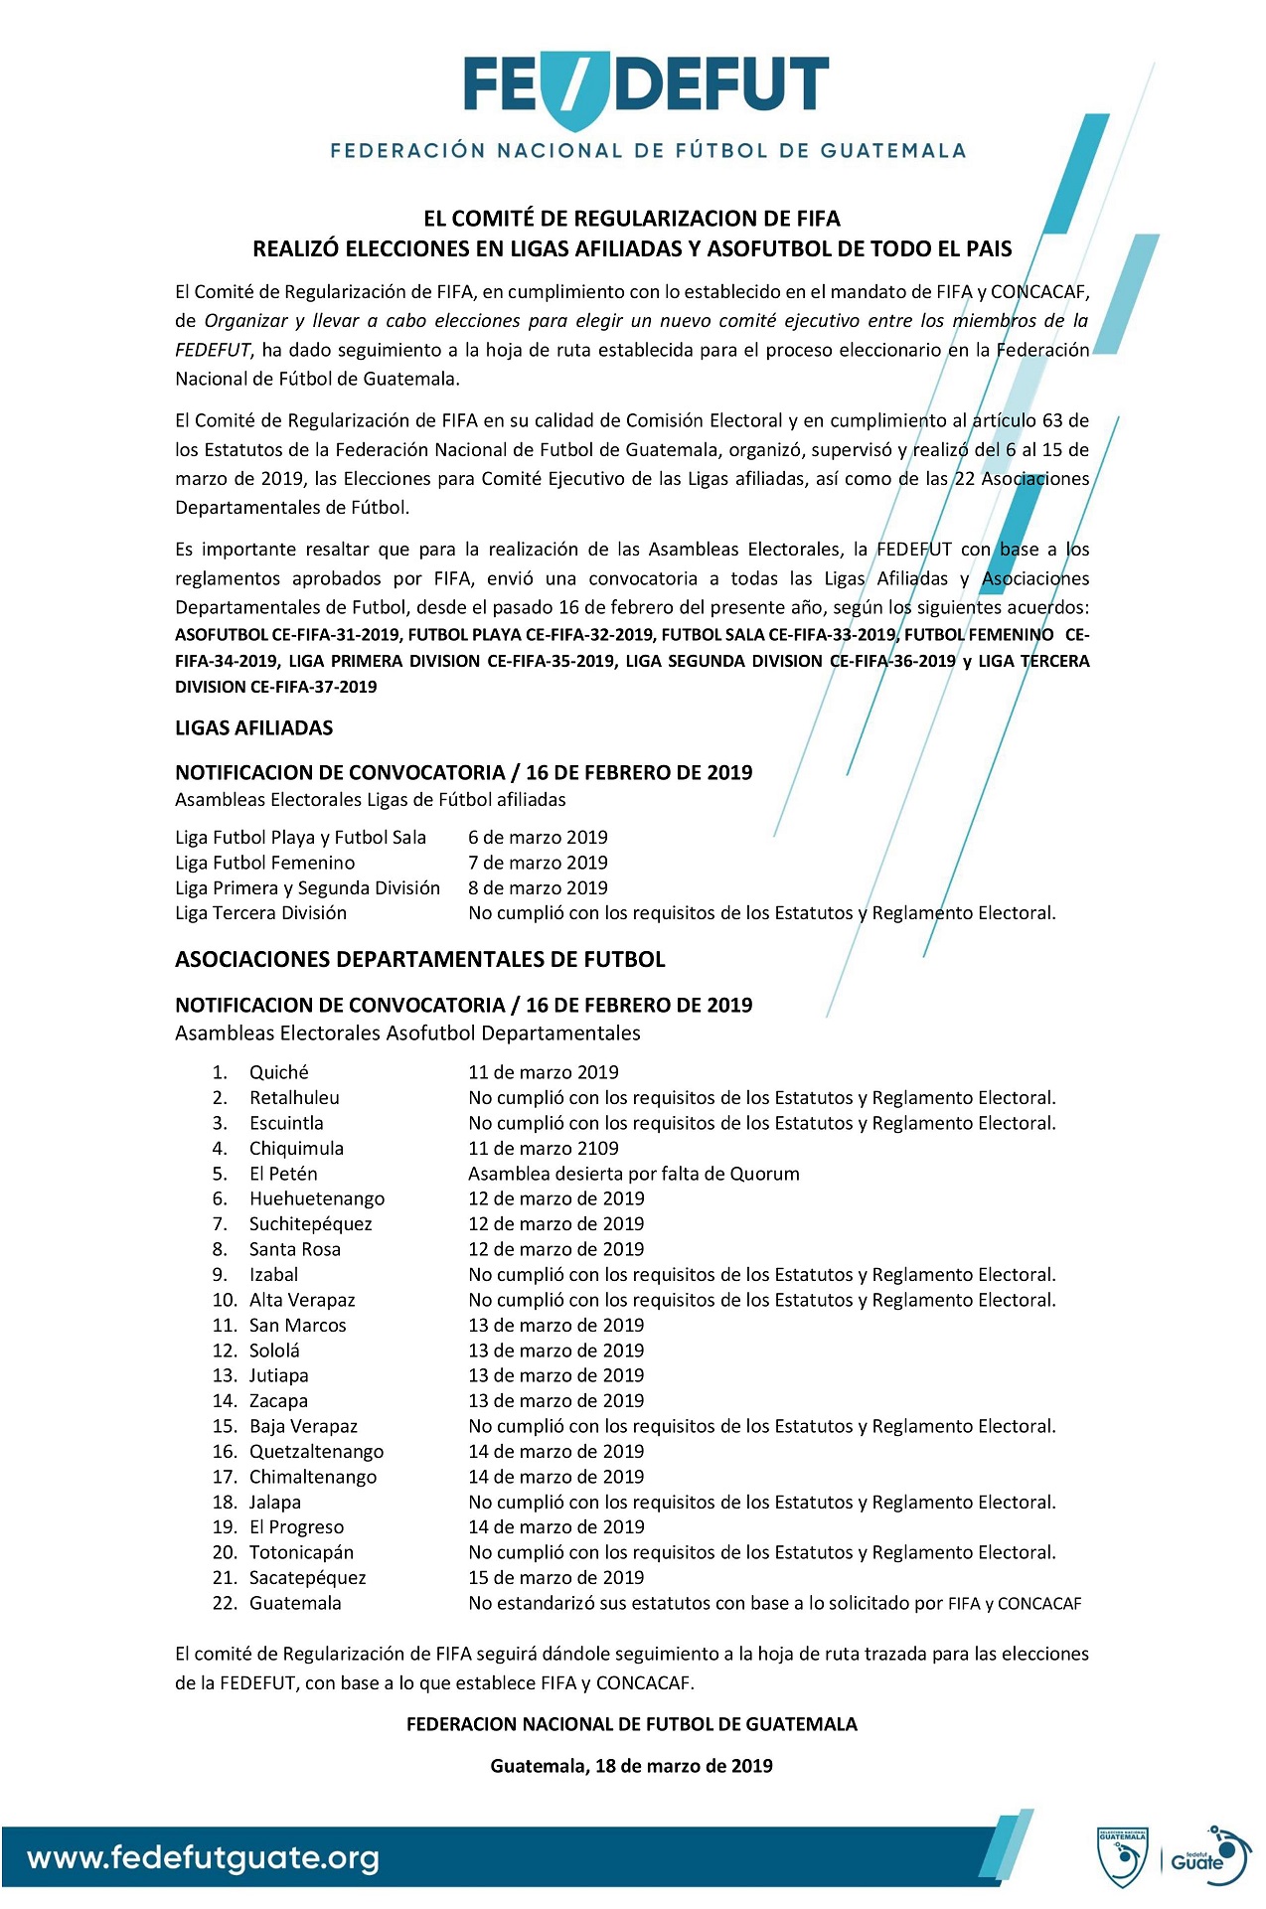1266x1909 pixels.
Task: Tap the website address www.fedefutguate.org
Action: click(203, 1857)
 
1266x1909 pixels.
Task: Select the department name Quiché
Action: click(279, 1072)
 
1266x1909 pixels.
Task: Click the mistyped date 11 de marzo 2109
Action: click(544, 1148)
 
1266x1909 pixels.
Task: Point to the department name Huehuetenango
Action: click(317, 1198)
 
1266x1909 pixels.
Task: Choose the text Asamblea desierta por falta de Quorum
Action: click(634, 1174)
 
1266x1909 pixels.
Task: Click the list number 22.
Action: click(224, 1603)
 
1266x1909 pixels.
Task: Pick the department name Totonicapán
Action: click(301, 1552)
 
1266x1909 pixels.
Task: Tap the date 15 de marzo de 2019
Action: click(556, 1577)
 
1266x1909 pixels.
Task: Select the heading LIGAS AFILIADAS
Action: click(254, 727)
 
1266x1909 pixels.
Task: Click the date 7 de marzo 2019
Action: click(538, 863)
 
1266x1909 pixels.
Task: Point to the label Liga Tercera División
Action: click(261, 912)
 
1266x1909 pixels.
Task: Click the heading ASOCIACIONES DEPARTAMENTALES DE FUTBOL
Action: click(420, 959)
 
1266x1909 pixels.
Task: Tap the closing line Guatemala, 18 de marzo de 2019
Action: click(632, 1765)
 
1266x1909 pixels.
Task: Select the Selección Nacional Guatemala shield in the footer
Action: click(1123, 1855)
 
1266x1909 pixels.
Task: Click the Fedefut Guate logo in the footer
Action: click(1204, 1854)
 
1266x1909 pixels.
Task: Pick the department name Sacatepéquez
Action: click(308, 1577)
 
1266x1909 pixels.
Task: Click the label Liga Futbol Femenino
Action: click(265, 863)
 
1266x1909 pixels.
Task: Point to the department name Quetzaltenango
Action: click(317, 1451)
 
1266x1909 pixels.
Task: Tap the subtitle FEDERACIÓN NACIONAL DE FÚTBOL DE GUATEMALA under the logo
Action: click(648, 151)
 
